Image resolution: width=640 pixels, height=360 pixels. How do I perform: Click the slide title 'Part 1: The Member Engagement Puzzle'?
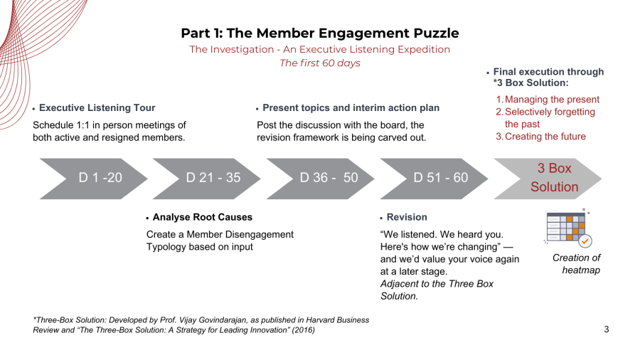tap(319, 33)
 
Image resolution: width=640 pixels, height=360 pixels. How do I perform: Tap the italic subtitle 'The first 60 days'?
tap(319, 63)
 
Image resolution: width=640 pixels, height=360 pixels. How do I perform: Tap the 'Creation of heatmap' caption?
tap(576, 263)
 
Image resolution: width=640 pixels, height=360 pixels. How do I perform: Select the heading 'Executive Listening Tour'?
tap(97, 108)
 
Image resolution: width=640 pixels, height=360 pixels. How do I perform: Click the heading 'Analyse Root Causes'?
tap(202, 217)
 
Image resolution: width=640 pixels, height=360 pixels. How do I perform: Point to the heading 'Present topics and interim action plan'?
tap(351, 108)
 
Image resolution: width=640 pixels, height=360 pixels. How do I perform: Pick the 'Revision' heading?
tap(407, 217)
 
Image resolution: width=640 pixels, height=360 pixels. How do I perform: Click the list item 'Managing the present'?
tap(552, 100)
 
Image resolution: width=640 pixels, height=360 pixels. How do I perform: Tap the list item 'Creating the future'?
tap(545, 137)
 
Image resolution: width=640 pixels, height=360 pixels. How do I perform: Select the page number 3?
tap(606, 329)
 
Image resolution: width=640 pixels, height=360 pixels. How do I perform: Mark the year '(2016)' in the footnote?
tap(302, 330)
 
